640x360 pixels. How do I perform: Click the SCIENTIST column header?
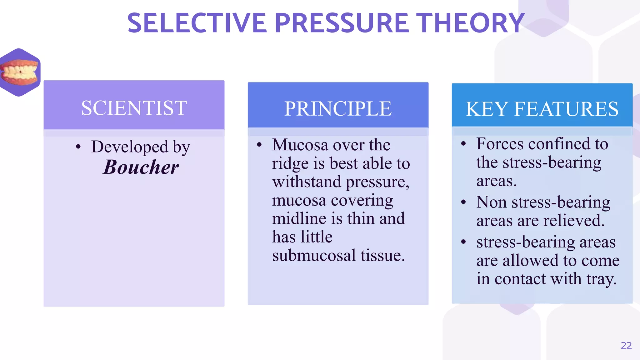click(134, 108)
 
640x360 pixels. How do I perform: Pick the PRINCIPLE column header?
click(338, 108)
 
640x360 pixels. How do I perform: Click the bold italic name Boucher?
click(141, 167)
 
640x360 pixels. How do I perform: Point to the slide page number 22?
click(626, 345)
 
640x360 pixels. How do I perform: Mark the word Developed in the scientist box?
click(130, 147)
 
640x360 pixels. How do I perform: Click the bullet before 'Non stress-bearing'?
click(463, 202)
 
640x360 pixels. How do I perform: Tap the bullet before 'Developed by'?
click(78, 147)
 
